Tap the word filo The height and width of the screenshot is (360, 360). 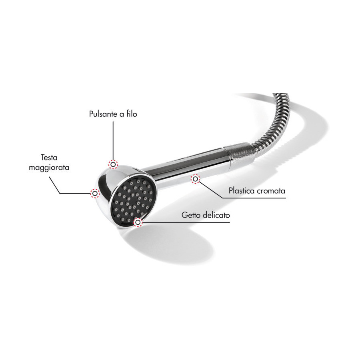click(x=132, y=114)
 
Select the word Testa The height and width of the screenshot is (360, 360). click(x=49, y=158)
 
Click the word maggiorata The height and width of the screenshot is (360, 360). click(x=49, y=168)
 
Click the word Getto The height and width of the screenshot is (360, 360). click(x=189, y=215)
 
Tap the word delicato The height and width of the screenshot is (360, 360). click(x=215, y=215)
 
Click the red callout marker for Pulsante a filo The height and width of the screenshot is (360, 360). click(x=113, y=164)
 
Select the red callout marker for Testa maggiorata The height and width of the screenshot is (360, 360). click(x=95, y=193)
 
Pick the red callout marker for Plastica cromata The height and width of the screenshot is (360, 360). click(x=195, y=179)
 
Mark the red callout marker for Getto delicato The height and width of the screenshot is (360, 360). click(x=138, y=222)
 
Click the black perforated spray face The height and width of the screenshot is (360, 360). click(x=132, y=199)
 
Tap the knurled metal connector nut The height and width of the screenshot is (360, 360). click(x=239, y=153)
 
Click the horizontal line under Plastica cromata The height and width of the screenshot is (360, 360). click(x=254, y=198)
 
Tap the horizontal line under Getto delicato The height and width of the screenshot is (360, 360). click(x=186, y=222)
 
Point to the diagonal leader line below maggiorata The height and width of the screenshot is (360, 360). click(x=55, y=185)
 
